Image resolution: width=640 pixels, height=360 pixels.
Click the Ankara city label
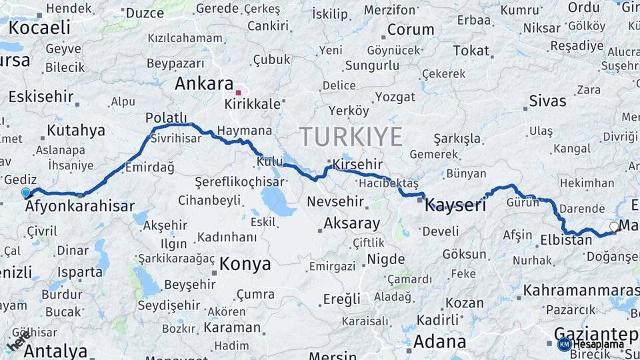(x=199, y=83)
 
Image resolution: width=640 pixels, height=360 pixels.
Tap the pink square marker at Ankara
(x=239, y=93)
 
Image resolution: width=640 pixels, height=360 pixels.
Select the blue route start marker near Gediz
(x=26, y=193)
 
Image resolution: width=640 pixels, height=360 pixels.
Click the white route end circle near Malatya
(x=613, y=227)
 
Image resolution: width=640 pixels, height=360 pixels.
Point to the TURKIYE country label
(x=351, y=137)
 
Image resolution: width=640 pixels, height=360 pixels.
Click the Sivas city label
(x=547, y=101)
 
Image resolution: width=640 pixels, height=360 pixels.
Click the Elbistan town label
(x=566, y=239)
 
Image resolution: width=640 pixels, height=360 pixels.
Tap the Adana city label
(x=439, y=341)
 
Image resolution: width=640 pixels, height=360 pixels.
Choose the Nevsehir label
(x=335, y=201)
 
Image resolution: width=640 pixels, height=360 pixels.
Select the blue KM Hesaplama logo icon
(x=564, y=344)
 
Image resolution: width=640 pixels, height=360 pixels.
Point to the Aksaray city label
(x=351, y=223)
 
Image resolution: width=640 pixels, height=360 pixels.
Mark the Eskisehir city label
(x=41, y=96)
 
